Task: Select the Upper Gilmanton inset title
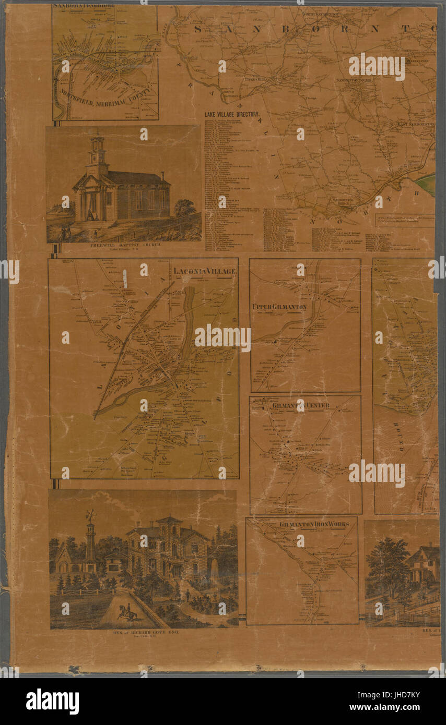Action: point(279,307)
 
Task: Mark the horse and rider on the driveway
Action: point(127,612)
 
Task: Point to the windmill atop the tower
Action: point(91,515)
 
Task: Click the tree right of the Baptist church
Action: point(184,208)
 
